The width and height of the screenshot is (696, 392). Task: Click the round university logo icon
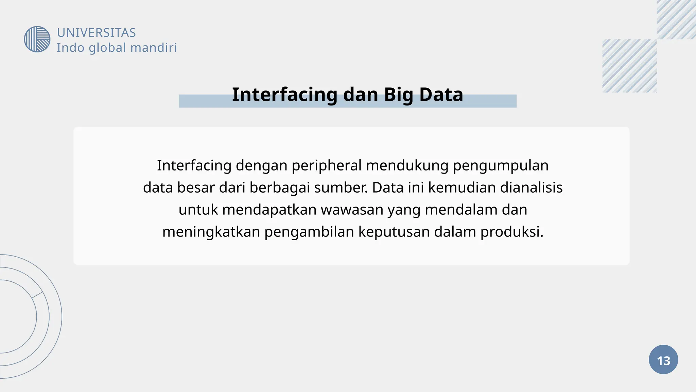coord(37,39)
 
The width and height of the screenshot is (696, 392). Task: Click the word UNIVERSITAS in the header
coord(96,33)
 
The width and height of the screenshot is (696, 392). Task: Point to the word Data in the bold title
coord(441,95)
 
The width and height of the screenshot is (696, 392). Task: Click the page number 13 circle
coord(663,360)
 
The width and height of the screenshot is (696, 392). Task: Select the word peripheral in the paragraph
coord(327,166)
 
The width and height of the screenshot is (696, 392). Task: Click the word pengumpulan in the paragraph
coord(501,166)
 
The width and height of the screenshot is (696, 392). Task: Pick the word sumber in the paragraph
coord(341,187)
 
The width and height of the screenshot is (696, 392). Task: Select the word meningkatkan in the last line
coord(211,232)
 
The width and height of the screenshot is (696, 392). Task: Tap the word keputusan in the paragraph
coord(394,232)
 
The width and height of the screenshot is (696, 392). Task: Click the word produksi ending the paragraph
coord(512,232)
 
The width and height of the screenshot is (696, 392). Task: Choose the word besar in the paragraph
coord(195,187)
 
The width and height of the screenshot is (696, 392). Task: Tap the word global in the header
coord(107,48)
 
